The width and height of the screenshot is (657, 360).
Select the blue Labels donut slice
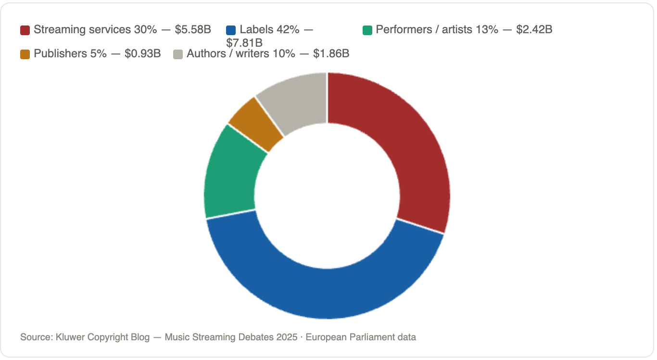tap(326, 294)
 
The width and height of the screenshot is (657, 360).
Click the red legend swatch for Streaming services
tap(25, 30)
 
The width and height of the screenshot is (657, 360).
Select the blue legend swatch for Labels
tap(231, 30)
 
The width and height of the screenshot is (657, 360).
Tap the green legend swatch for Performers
tap(367, 30)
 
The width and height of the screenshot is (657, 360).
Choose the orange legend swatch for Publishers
tap(25, 54)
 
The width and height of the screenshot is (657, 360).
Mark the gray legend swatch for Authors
tap(178, 54)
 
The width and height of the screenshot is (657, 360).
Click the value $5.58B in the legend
tap(193, 30)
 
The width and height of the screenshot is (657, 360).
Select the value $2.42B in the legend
tap(534, 30)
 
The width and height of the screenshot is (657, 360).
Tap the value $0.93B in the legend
tap(142, 54)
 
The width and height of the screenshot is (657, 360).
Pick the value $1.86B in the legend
tap(331, 54)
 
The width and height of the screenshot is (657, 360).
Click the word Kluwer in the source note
tap(70, 337)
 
